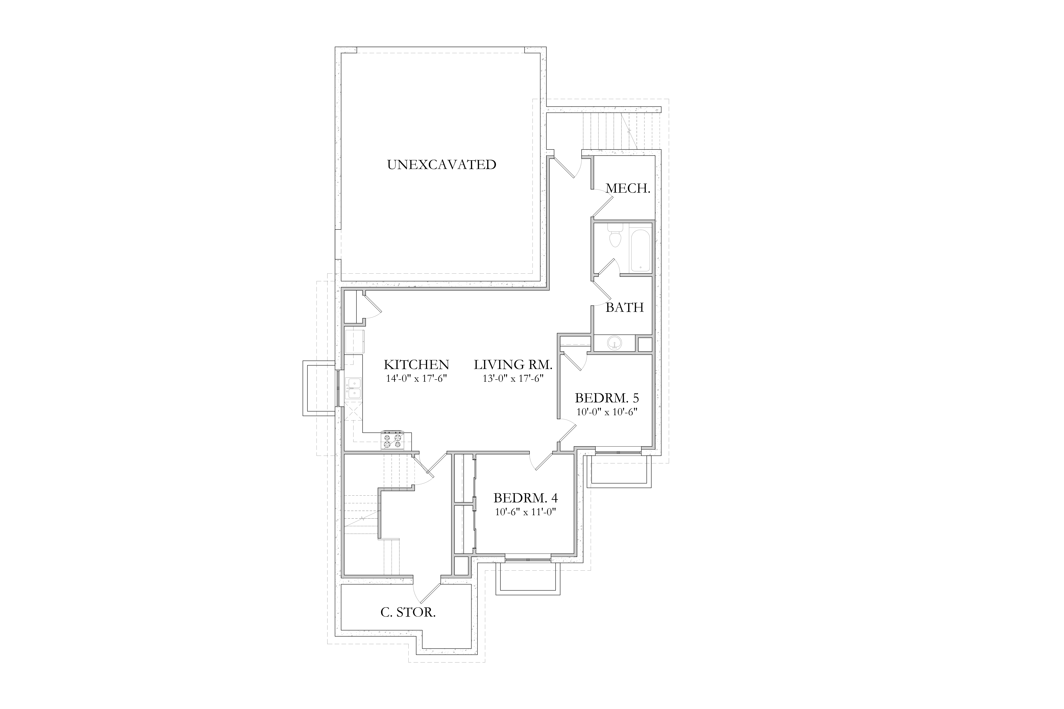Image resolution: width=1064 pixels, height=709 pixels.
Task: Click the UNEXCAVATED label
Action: point(442,165)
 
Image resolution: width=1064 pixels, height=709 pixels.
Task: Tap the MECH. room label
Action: point(628,189)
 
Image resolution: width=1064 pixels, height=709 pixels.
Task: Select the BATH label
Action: point(625,308)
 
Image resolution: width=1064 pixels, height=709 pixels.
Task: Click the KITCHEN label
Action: point(416,364)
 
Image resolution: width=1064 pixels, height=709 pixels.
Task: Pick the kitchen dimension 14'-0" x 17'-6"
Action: point(416,378)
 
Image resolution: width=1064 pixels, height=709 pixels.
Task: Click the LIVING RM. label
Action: point(513,364)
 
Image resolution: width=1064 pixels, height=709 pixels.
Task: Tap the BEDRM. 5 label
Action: point(607,398)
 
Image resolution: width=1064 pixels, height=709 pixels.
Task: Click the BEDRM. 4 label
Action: point(525,498)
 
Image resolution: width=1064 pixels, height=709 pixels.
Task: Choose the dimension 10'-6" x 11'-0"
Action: point(525,512)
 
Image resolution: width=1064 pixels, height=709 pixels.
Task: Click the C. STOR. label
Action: point(408,613)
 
